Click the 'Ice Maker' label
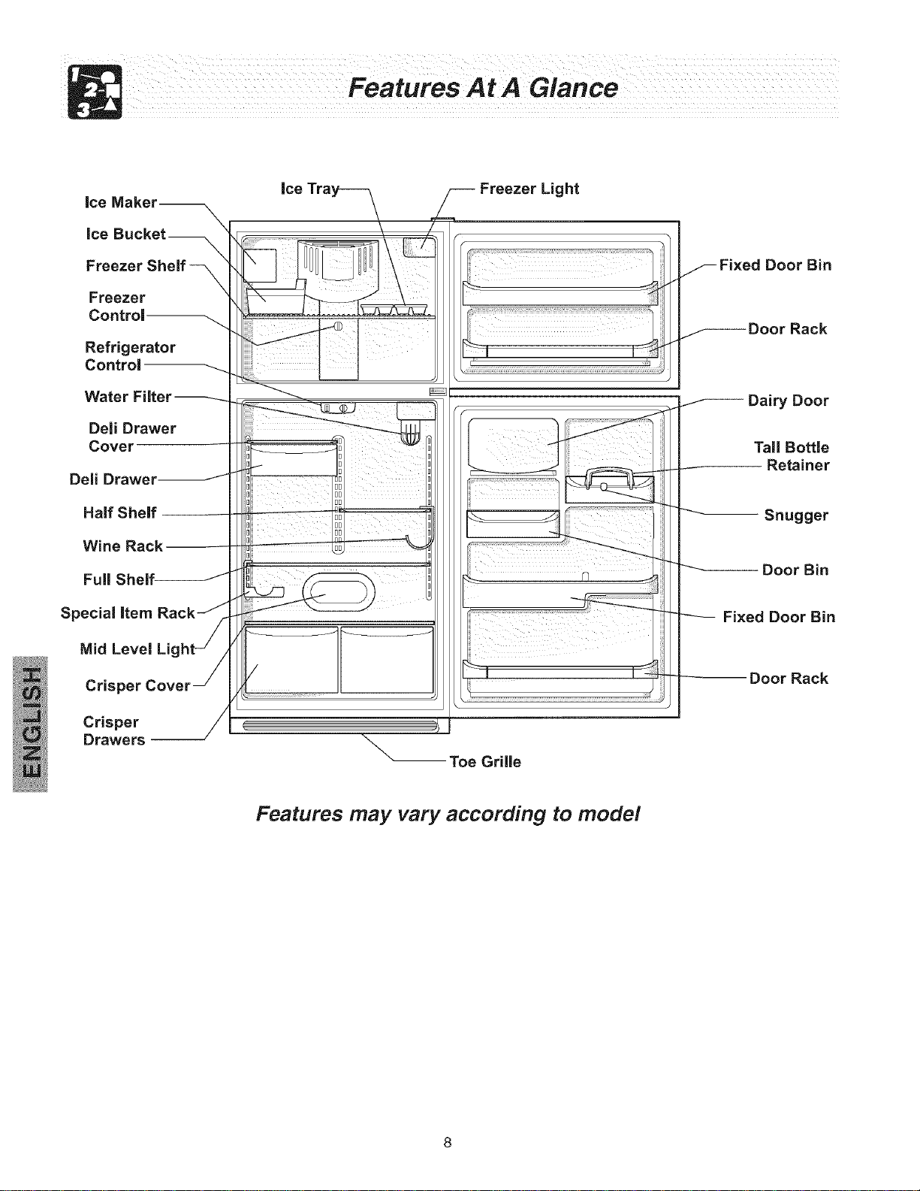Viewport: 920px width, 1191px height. point(121,202)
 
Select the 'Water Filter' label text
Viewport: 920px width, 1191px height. point(128,396)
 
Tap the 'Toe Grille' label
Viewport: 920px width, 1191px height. point(485,761)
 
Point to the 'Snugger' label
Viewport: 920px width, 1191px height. point(796,515)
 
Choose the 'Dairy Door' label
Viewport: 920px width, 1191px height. point(788,401)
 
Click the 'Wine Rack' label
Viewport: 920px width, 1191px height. point(122,546)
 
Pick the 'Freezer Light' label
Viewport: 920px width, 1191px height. point(529,189)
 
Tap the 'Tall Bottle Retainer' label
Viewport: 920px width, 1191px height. point(792,456)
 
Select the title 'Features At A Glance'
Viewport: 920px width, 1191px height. point(483,88)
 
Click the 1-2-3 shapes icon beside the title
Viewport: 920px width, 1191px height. point(95,92)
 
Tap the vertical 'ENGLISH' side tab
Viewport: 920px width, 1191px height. point(30,724)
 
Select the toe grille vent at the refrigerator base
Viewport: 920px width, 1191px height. point(339,726)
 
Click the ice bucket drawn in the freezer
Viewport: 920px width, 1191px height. point(275,299)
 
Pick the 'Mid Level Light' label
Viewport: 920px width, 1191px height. point(137,649)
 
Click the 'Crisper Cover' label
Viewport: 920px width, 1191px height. point(137,685)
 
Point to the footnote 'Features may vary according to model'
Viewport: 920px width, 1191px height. point(448,815)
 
